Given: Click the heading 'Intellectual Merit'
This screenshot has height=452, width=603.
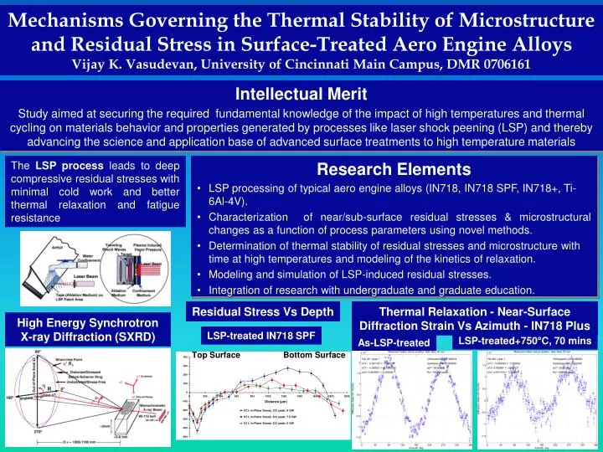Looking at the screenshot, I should [301, 93].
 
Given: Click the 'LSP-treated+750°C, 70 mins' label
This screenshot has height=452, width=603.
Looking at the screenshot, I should [524, 341].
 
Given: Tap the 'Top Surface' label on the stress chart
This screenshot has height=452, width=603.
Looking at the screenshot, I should [216, 356].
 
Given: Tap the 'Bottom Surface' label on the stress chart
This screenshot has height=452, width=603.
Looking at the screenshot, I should [314, 356].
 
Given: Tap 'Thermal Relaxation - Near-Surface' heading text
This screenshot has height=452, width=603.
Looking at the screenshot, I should [474, 311].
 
